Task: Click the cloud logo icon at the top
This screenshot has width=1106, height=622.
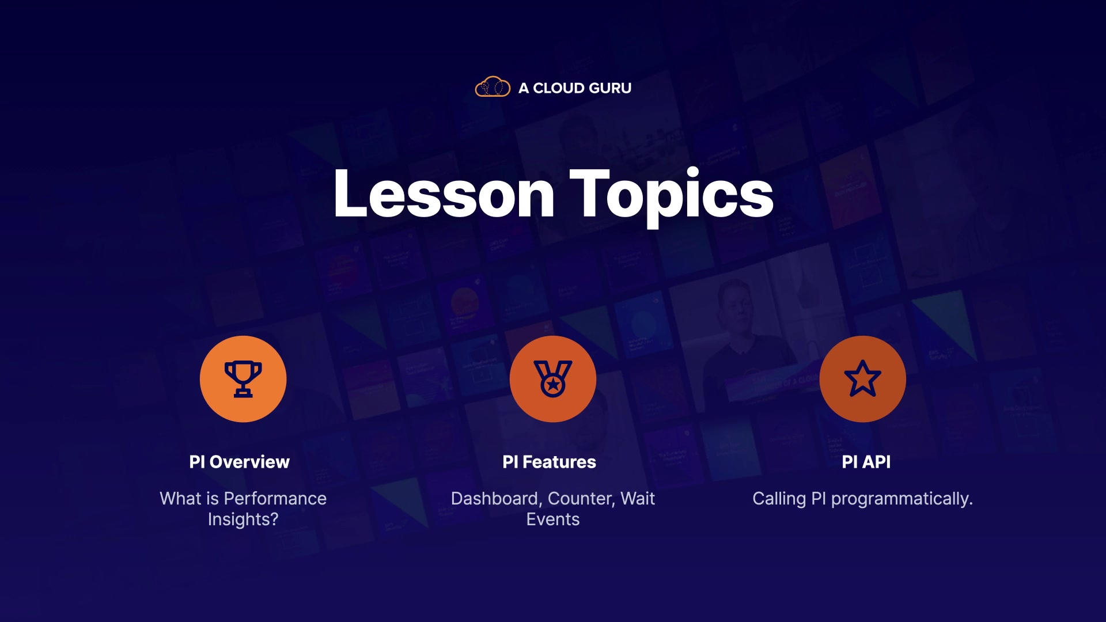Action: pos(493,87)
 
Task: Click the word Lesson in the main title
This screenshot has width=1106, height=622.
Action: pos(444,194)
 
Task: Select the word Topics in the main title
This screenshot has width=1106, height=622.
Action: pos(672,198)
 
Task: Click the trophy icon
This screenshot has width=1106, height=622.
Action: pos(243,379)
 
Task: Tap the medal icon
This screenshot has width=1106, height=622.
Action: pos(553,379)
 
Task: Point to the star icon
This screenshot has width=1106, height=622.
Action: pos(862,378)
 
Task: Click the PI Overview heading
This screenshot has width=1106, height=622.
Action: pos(240,462)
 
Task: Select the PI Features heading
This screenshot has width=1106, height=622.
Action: pos(549,462)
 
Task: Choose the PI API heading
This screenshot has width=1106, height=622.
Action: pos(866,462)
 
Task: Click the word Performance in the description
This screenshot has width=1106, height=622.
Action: pos(275,499)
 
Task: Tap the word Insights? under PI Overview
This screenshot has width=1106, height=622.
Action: pos(243,519)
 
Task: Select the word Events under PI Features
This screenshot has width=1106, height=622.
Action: pos(553,519)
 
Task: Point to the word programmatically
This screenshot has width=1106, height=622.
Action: pos(902,499)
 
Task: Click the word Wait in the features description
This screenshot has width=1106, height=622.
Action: pos(638,499)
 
